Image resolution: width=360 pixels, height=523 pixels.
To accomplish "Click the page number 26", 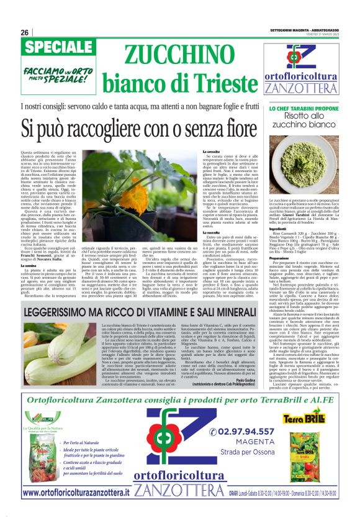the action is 25,33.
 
